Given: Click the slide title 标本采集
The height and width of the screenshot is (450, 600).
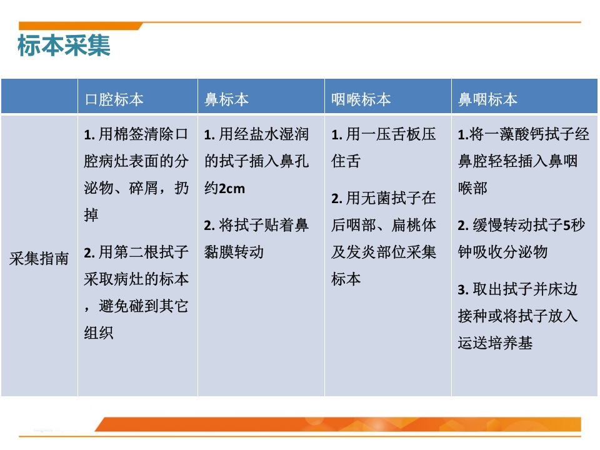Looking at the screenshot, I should [64, 46].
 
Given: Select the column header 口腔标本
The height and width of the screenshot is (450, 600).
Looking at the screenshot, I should [114, 99].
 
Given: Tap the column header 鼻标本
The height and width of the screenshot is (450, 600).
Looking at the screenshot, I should [227, 99].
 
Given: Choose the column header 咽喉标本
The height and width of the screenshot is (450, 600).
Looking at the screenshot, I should [361, 99].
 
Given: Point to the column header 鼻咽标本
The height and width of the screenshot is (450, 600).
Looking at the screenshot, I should [488, 99].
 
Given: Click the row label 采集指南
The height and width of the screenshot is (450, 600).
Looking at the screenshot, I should [39, 258].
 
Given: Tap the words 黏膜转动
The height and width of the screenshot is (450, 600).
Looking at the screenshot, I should [234, 251].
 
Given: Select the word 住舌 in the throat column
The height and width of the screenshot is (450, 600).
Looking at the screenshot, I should [346, 161].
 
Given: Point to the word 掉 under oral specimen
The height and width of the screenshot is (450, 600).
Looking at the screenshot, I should [91, 215].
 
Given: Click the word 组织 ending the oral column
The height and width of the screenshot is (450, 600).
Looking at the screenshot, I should [99, 332].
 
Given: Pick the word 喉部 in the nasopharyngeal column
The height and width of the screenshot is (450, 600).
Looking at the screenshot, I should [472, 188].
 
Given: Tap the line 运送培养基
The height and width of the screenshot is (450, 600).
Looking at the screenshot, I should [495, 342].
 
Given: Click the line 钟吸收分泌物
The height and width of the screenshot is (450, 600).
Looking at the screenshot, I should [502, 251].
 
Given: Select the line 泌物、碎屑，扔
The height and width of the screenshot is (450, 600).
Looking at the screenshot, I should [136, 188].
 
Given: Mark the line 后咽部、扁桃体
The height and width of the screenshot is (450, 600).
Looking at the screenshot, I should [384, 225].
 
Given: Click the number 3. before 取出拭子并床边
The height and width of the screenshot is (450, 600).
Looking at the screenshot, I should [463, 289].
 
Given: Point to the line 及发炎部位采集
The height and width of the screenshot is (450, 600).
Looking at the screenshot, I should [384, 251].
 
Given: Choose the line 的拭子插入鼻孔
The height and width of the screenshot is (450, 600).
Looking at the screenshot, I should [256, 161].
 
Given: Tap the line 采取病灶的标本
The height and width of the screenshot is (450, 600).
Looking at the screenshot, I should [136, 278].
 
